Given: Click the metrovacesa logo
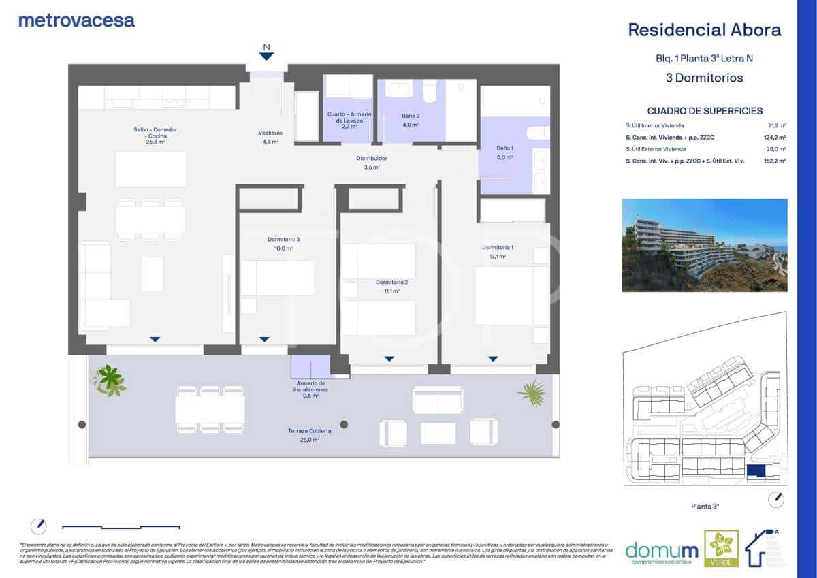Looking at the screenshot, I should click(x=76, y=20).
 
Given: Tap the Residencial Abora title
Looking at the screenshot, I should click(x=704, y=30).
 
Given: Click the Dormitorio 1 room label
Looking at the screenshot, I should click(x=497, y=247).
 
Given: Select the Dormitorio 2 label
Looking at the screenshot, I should click(x=391, y=282).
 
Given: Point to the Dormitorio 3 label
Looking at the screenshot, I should click(x=283, y=240).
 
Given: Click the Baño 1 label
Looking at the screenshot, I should click(x=504, y=148).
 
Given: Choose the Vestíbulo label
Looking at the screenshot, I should click(x=270, y=133).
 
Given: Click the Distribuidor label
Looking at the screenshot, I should click(x=372, y=159).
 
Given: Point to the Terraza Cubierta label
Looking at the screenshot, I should click(x=308, y=431).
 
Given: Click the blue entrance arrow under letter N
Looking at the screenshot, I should click(x=266, y=57).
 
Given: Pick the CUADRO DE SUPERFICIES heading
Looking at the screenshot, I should click(x=705, y=111).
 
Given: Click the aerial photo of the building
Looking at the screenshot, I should click(x=704, y=245).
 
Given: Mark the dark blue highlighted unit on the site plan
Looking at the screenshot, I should click(x=755, y=471).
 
